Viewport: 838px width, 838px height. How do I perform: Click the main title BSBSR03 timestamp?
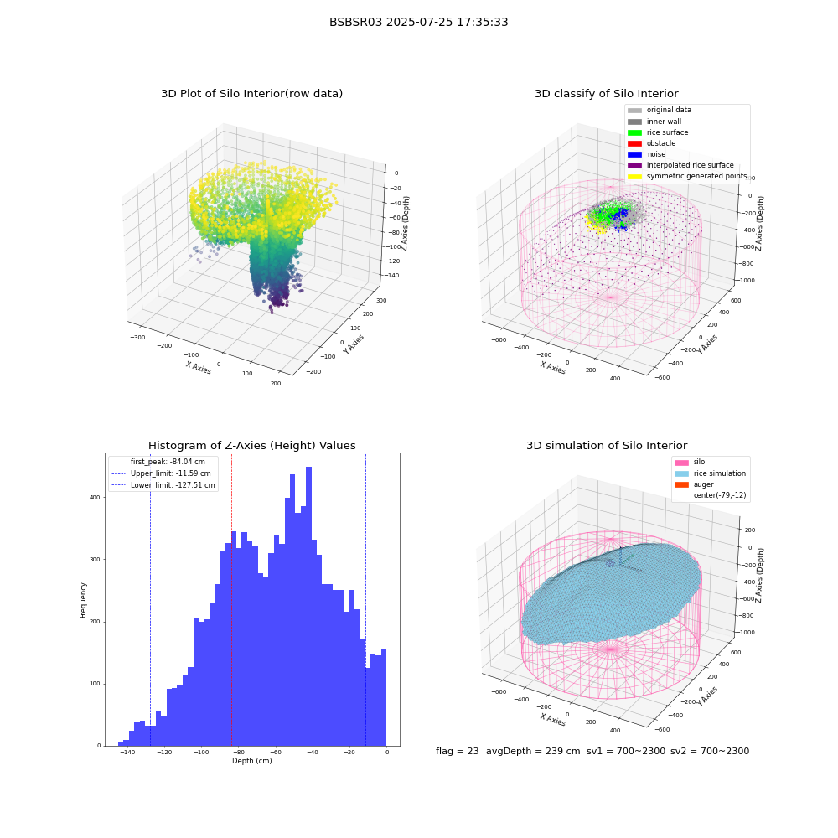(418, 22)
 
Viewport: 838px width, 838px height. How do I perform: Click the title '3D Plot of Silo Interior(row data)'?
(251, 94)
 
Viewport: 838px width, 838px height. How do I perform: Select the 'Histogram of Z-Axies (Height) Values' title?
(251, 446)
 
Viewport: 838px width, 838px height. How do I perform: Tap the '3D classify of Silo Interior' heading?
(607, 94)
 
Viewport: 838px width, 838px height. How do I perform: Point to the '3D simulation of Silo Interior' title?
(607, 446)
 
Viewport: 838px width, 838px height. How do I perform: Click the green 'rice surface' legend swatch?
(634, 132)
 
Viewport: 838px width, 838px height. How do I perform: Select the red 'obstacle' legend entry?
(651, 143)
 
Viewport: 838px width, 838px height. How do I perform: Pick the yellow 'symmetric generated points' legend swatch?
(634, 176)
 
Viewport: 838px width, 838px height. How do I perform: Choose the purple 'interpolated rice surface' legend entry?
(680, 165)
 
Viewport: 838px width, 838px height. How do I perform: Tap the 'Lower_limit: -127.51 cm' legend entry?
(163, 485)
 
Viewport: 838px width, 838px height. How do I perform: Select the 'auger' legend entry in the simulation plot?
(694, 484)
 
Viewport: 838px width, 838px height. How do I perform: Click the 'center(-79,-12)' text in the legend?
(720, 495)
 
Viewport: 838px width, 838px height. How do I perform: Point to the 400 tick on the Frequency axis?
(95, 498)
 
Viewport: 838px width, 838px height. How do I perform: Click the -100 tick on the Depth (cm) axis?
(201, 753)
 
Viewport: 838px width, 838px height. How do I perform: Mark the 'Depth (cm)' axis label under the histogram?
(252, 761)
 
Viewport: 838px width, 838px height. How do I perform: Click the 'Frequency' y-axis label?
(83, 600)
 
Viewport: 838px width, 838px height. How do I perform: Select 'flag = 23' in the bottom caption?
(458, 752)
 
